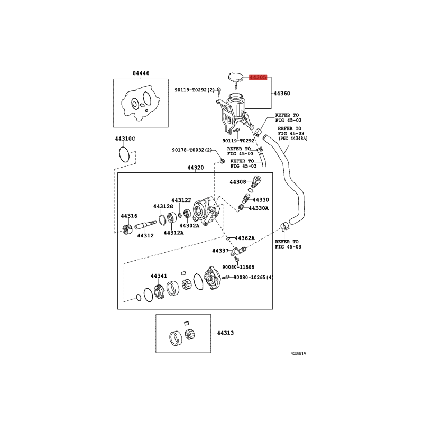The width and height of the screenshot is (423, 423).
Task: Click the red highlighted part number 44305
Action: pyautogui.click(x=258, y=77)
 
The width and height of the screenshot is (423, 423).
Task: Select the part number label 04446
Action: pyautogui.click(x=141, y=73)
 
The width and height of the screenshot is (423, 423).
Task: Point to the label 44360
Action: pyautogui.click(x=282, y=94)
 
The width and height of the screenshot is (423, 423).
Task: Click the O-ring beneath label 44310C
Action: pyautogui.click(x=124, y=154)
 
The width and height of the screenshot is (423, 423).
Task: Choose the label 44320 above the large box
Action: pyautogui.click(x=196, y=168)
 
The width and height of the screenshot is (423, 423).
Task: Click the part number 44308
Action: pyautogui.click(x=238, y=182)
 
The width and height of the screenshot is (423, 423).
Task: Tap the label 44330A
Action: pyautogui.click(x=259, y=208)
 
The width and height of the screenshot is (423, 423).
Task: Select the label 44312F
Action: pyautogui.click(x=181, y=200)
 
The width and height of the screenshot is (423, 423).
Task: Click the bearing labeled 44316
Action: pyautogui.click(x=127, y=229)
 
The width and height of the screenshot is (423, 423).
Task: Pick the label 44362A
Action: pyautogui.click(x=245, y=238)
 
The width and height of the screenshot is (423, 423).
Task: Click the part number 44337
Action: pyautogui.click(x=220, y=251)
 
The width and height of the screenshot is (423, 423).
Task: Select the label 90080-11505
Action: pyautogui.click(x=238, y=267)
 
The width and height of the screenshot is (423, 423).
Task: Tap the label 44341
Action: pyautogui.click(x=159, y=275)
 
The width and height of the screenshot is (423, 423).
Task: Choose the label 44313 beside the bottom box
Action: pyautogui.click(x=226, y=333)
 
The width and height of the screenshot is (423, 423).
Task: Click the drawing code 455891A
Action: pyautogui.click(x=298, y=353)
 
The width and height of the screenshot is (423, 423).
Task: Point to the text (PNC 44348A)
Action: pyautogui.click(x=293, y=139)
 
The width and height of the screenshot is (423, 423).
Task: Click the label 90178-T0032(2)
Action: pyautogui.click(x=192, y=150)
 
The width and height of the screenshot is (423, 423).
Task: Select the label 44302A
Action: pyautogui.click(x=189, y=226)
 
